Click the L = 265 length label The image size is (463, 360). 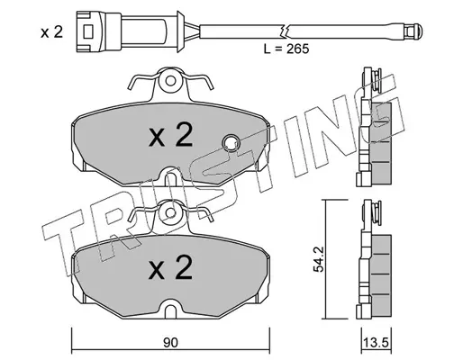(x=286, y=49)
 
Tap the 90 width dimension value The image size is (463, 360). (x=170, y=343)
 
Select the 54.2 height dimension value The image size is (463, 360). (x=318, y=259)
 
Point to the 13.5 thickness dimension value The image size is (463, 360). (x=376, y=342)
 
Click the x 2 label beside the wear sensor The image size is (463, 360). (x=52, y=32)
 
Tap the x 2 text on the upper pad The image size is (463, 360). (x=170, y=135)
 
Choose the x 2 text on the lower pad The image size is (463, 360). (x=170, y=267)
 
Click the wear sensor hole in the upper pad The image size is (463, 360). (x=231, y=143)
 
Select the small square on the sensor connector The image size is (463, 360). (x=88, y=31)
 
